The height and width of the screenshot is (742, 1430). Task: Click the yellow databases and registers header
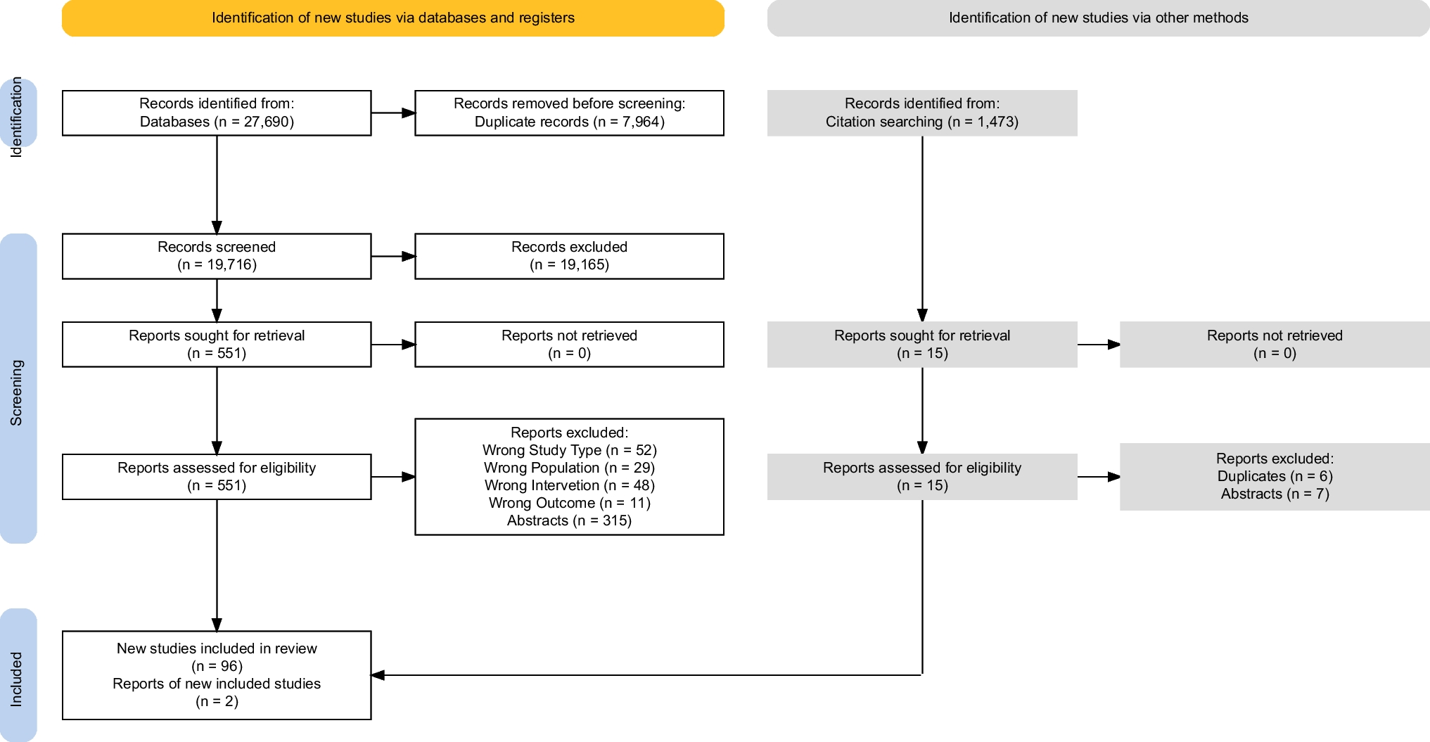pos(392,18)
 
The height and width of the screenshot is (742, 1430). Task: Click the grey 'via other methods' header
pos(1098,18)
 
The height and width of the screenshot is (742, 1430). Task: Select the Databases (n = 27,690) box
pos(217,113)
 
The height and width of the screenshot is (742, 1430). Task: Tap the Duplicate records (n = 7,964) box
pos(569,113)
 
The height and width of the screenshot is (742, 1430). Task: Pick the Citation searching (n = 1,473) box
pos(921,113)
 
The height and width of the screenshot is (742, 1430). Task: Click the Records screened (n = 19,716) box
pos(217,256)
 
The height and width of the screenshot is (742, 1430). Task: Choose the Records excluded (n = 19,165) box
pos(569,256)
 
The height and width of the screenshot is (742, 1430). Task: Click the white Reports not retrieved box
pos(569,345)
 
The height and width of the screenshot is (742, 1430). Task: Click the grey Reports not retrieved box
pos(1274,345)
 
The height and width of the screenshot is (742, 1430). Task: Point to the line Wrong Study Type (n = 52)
pos(569,450)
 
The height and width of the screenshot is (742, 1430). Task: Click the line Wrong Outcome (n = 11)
pos(569,503)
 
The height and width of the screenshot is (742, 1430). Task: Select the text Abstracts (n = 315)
pos(569,520)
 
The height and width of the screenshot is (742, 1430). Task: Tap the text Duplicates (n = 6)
pos(1274,476)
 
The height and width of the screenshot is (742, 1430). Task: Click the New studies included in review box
pos(217,674)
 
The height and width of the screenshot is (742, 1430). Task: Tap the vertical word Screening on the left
pos(16,392)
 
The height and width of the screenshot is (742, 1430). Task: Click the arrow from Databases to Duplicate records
pos(392,113)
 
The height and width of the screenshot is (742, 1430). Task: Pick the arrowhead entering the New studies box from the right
pos(378,675)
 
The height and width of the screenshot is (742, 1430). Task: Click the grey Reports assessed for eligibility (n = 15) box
pos(921,476)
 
